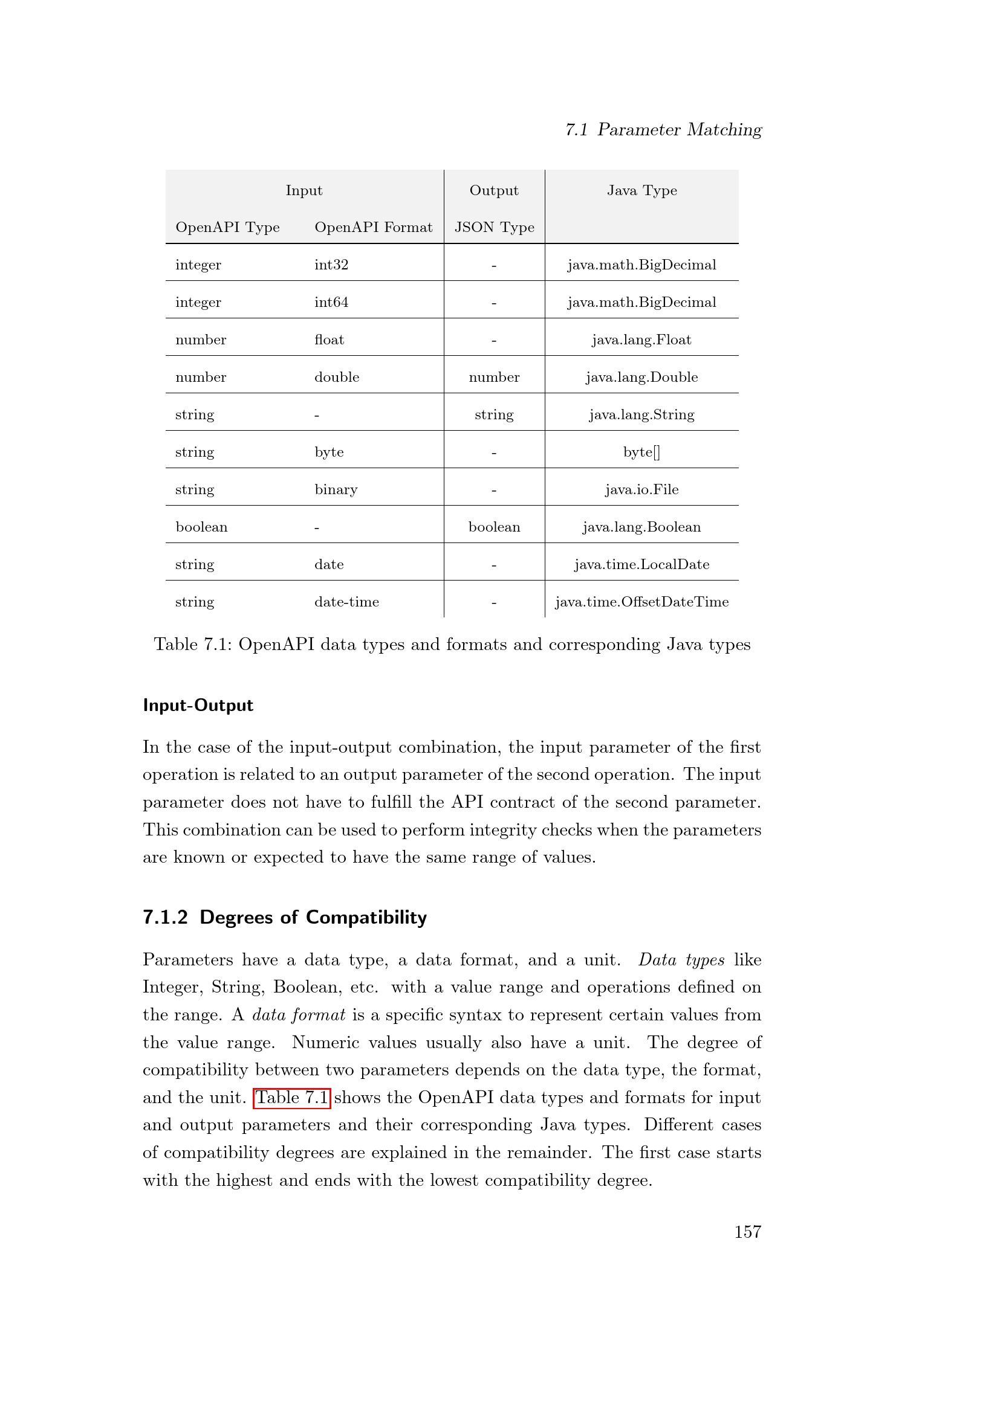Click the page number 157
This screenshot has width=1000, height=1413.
tap(747, 1231)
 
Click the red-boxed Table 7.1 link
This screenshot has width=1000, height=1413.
tap(291, 1097)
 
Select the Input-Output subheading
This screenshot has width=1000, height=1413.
tap(198, 705)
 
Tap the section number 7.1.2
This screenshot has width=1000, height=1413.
tap(165, 917)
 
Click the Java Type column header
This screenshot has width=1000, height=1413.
tap(641, 190)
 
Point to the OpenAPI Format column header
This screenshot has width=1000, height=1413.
tap(373, 227)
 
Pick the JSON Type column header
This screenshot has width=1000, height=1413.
tap(494, 227)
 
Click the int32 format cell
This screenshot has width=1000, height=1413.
tap(331, 265)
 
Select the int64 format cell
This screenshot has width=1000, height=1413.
tap(331, 302)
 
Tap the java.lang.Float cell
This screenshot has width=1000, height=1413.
tap(641, 340)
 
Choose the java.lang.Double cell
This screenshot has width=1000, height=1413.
tap(641, 377)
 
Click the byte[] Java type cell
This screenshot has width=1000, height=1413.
tap(641, 452)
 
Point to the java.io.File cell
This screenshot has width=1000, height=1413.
tap(641, 490)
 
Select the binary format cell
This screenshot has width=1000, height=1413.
tap(336, 490)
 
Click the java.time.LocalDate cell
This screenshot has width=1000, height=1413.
tap(641, 564)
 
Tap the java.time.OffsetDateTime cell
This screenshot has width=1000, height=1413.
tap(641, 602)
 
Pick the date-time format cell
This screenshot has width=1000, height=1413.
tap(346, 602)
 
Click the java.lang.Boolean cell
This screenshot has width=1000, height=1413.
tap(641, 527)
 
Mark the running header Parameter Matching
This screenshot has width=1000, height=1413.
tap(678, 129)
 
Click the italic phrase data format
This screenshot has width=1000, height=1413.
tap(299, 1015)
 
